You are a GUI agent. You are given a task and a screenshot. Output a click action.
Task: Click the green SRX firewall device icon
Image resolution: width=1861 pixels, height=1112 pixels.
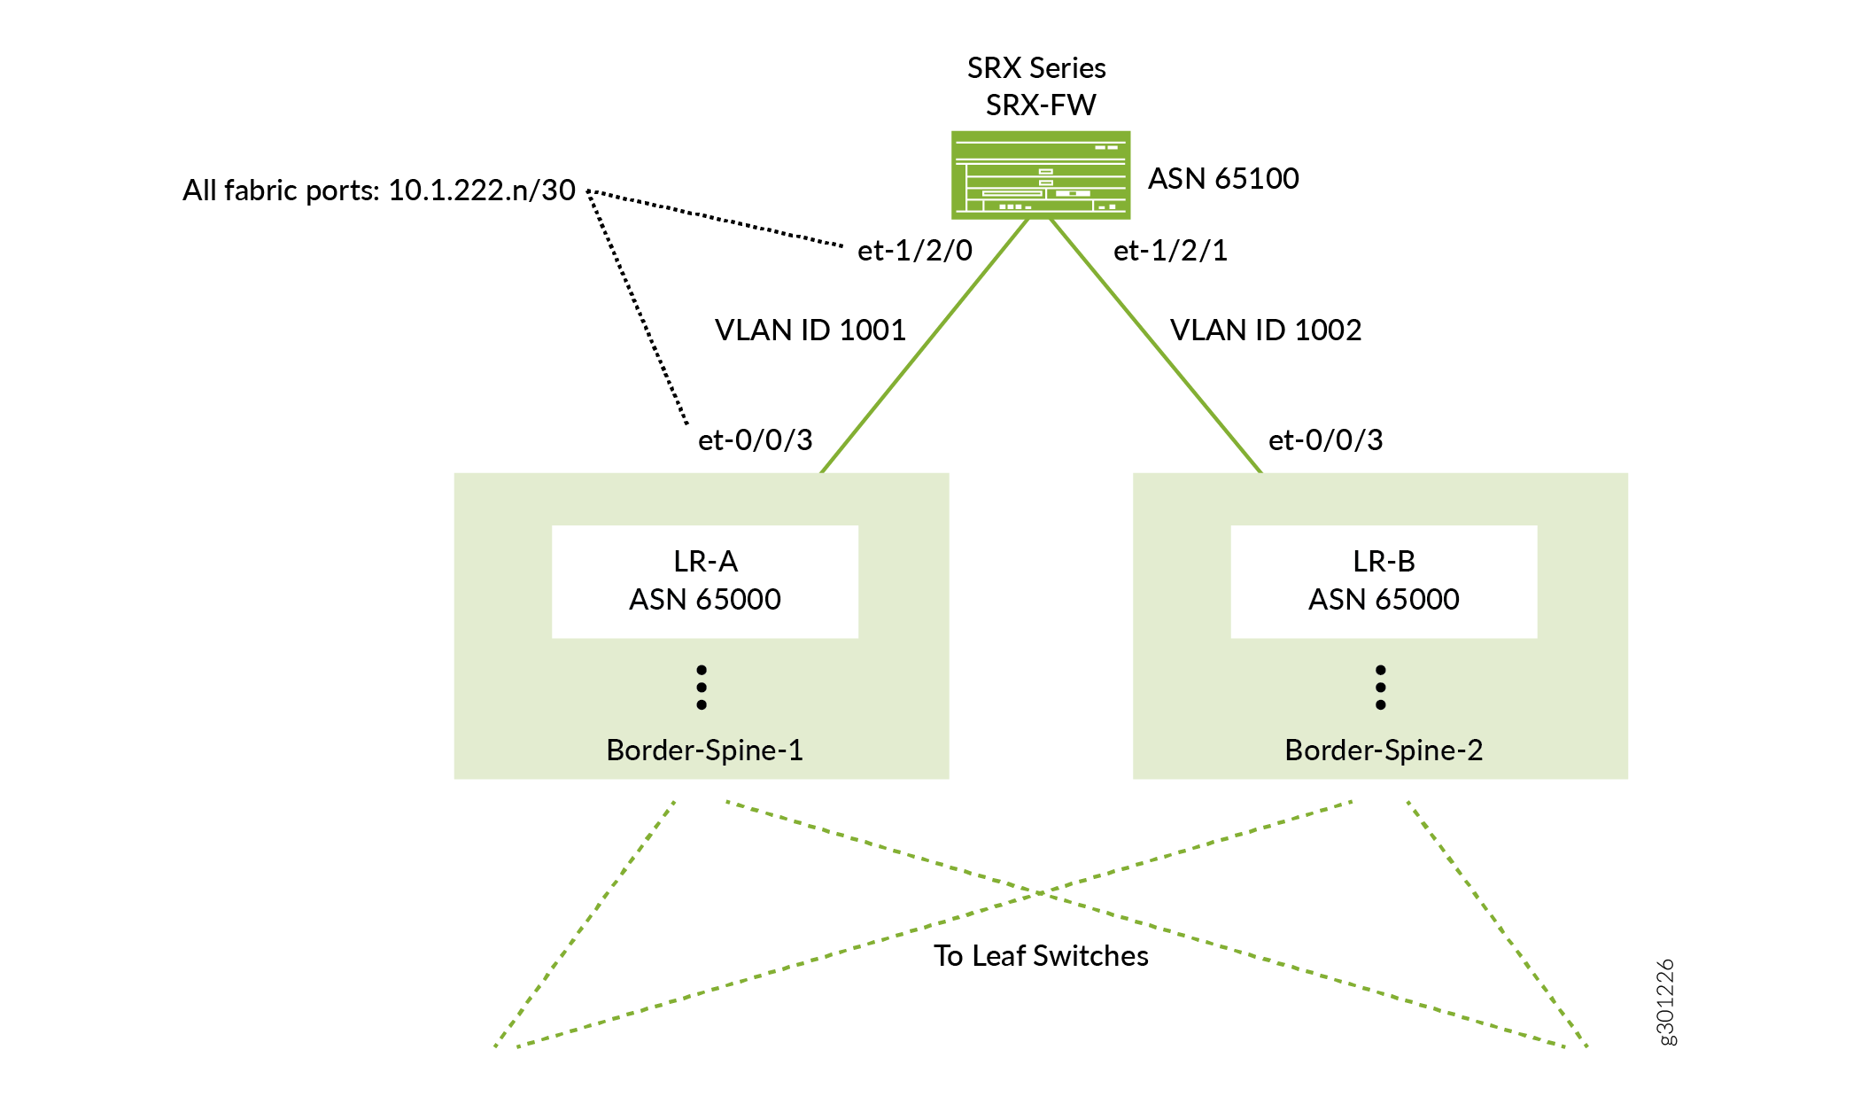(x=1040, y=175)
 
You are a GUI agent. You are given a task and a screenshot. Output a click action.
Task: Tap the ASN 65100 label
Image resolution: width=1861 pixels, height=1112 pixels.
(x=1223, y=179)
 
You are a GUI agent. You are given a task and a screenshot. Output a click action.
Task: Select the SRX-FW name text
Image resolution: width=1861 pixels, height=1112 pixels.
(x=1041, y=105)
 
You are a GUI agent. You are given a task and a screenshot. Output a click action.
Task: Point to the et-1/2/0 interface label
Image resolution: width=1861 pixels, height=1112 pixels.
(x=914, y=251)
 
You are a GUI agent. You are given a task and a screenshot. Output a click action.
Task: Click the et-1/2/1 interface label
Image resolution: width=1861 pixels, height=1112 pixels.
(x=1170, y=251)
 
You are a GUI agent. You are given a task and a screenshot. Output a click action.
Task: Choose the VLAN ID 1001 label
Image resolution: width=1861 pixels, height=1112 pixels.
(x=810, y=330)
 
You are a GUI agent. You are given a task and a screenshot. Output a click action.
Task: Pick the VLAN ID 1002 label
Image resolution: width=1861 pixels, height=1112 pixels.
(x=1265, y=330)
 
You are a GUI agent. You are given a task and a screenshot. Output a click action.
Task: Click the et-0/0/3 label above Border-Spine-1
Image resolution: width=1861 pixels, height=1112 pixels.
(x=755, y=440)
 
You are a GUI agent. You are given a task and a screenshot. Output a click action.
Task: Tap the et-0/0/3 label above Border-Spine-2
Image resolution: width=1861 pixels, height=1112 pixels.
(x=1325, y=440)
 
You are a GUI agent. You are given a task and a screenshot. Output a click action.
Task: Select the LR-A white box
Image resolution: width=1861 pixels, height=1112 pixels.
(x=704, y=581)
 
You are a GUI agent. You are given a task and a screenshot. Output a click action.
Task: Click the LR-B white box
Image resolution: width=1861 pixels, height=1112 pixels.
(x=1383, y=581)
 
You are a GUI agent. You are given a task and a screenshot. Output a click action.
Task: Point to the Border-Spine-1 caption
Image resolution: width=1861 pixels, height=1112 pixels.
(x=704, y=750)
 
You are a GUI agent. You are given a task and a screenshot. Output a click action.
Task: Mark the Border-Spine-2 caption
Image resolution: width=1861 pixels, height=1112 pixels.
(x=1383, y=750)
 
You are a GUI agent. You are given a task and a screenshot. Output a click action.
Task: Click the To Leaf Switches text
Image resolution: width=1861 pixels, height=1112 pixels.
(x=1041, y=956)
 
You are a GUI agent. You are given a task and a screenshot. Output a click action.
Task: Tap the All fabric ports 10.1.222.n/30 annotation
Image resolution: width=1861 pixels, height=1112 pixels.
(x=378, y=191)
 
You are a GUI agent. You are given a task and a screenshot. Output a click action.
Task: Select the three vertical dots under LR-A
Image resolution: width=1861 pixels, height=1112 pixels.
(x=702, y=688)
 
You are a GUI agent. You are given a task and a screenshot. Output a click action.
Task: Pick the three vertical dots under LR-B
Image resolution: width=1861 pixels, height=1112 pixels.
(x=1380, y=688)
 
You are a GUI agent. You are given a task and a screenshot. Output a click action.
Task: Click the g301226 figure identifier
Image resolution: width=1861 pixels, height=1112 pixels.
(x=1665, y=1002)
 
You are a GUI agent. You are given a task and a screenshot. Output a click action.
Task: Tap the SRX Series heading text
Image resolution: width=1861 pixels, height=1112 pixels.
(x=1036, y=68)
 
